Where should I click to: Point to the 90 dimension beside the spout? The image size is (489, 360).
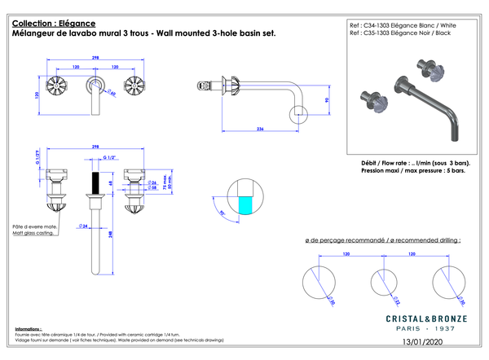(x=325, y=101)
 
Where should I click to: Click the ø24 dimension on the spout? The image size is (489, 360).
(x=83, y=225)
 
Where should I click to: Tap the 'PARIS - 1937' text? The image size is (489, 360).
(x=421, y=329)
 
